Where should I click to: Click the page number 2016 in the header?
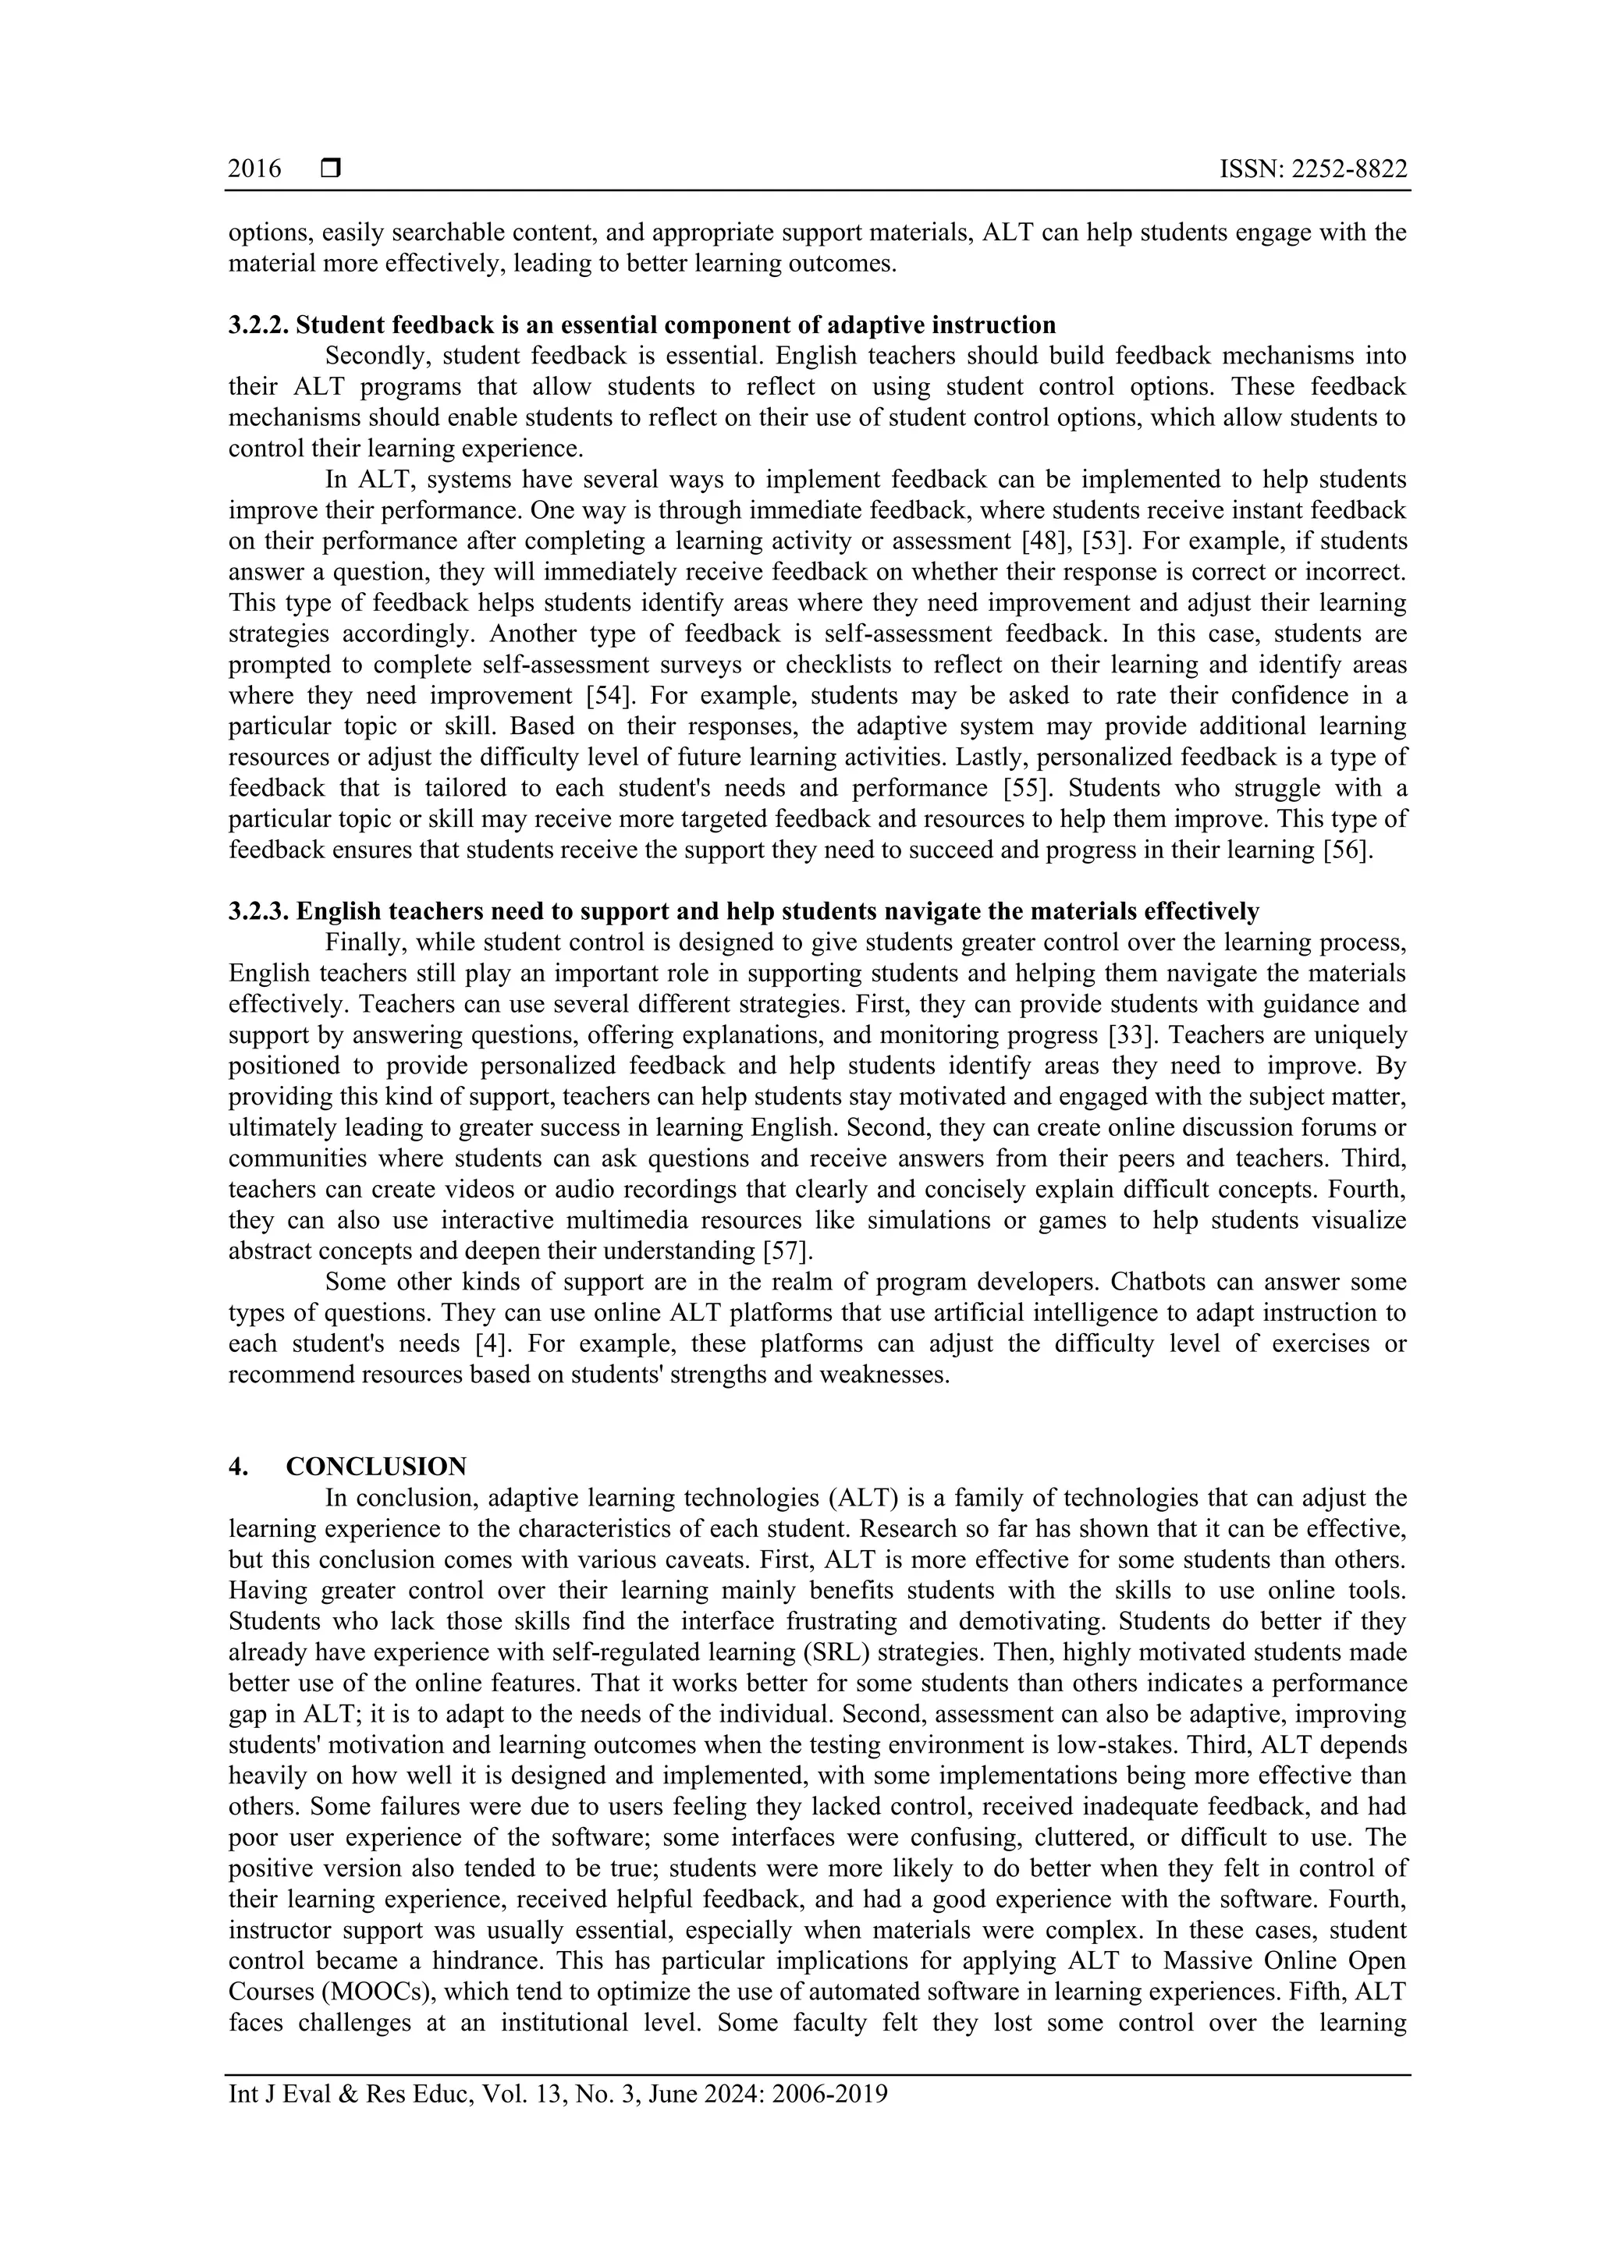point(254,169)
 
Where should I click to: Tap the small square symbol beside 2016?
point(331,169)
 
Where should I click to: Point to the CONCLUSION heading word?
point(376,1467)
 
